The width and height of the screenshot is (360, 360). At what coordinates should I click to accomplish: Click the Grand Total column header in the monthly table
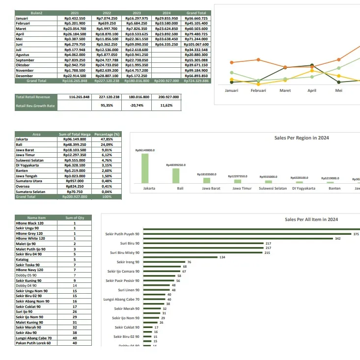click(x=196, y=13)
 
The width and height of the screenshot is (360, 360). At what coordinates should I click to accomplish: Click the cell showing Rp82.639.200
click(x=107, y=70)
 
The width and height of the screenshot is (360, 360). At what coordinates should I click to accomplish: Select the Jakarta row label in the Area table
click(x=22, y=139)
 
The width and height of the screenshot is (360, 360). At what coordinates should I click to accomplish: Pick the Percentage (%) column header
click(x=107, y=134)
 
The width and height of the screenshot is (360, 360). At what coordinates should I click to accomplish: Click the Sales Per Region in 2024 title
click(x=302, y=138)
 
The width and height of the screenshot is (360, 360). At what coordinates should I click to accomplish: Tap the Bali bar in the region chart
click(x=176, y=176)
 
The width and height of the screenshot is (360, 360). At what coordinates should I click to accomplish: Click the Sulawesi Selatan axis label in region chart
click(x=273, y=188)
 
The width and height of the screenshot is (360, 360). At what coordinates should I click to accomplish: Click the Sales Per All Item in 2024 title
click(x=311, y=220)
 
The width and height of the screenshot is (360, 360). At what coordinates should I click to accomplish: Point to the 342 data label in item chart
click(x=337, y=239)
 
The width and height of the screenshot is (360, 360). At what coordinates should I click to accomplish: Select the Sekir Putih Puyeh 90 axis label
click(x=122, y=234)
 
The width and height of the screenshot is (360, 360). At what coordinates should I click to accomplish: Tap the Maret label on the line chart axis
click(x=285, y=90)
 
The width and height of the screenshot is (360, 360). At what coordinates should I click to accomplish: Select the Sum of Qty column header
click(x=75, y=218)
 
